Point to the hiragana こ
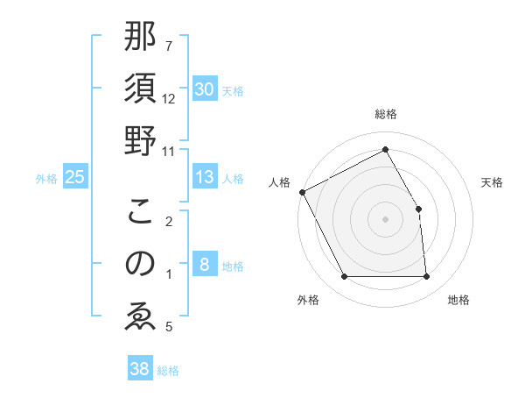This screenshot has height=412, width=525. (141, 211)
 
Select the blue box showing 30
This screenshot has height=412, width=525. (204, 89)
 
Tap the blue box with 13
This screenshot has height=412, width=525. (204, 178)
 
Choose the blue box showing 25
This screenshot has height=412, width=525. (75, 178)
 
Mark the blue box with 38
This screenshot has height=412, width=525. (139, 370)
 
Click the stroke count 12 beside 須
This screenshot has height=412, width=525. (169, 98)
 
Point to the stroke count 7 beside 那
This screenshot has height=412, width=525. (169, 46)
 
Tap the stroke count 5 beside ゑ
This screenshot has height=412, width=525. (169, 327)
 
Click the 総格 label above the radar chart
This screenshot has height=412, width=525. (385, 114)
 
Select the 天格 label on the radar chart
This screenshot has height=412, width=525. (492, 182)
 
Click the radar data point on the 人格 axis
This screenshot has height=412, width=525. (303, 192)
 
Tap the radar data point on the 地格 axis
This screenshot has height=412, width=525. (426, 277)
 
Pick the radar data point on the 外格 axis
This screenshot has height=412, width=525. (344, 277)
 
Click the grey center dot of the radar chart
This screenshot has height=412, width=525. (385, 218)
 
